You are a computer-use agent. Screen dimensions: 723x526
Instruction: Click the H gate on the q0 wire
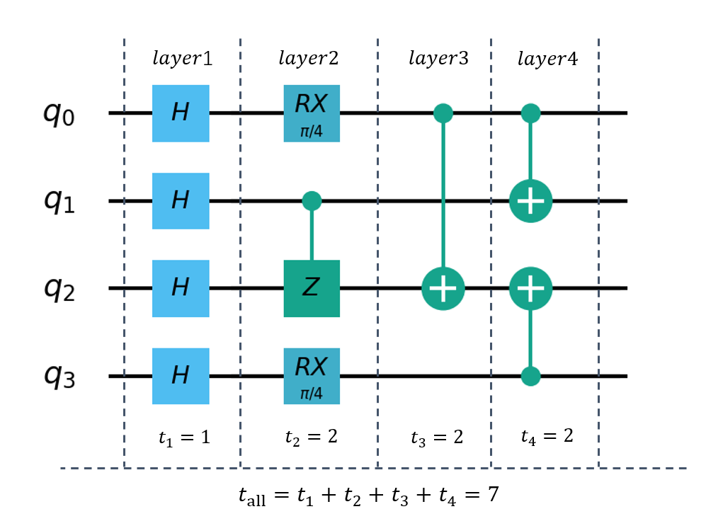coord(181,113)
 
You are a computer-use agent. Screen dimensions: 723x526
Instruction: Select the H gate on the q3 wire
coord(181,376)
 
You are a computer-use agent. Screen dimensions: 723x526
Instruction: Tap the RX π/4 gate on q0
coord(312,113)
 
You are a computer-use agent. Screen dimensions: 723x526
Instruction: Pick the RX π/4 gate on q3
coord(312,376)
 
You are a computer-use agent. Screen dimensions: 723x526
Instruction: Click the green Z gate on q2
coord(312,289)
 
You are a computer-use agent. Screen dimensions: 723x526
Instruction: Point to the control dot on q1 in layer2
coord(312,201)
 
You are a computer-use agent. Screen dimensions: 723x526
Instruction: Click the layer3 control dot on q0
coord(443,113)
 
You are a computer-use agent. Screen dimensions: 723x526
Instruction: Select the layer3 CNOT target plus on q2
coord(443,289)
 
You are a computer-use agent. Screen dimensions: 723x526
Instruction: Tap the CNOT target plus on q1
coord(530,201)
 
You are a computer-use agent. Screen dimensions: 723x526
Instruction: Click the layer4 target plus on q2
coord(530,289)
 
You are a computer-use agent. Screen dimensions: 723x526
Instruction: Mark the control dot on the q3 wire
coord(530,376)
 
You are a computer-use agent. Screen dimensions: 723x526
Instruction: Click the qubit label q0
coord(59,114)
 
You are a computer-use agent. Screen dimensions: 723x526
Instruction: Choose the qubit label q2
coord(59,289)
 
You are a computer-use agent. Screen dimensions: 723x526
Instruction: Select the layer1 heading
coord(183,58)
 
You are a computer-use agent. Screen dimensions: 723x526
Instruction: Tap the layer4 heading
coord(547,59)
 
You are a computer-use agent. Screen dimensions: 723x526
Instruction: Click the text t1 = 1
coord(184,437)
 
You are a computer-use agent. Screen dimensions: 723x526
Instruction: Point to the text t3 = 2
coord(437,437)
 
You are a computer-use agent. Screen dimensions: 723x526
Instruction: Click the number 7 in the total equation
coord(494,493)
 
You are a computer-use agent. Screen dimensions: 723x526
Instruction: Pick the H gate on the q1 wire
coord(181,201)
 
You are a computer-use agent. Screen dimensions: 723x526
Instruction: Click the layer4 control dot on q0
coord(530,113)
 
